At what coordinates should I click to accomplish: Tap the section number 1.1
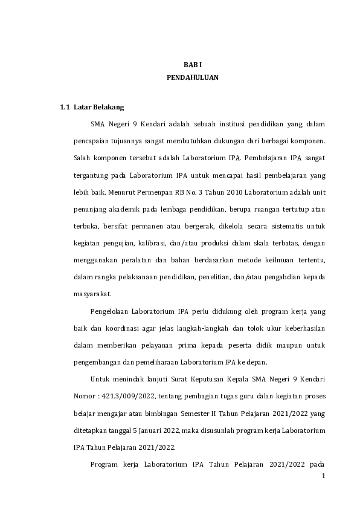click(x=65, y=107)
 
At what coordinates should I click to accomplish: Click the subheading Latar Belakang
click(x=98, y=107)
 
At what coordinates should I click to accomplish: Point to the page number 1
click(x=323, y=476)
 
